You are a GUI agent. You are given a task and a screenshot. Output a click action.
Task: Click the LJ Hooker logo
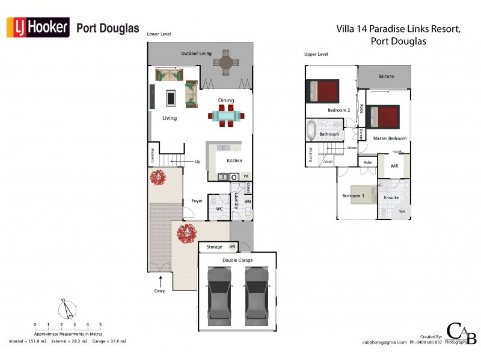[38, 28]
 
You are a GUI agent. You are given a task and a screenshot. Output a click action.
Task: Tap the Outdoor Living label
[197, 54]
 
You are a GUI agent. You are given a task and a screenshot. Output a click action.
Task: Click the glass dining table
[227, 116]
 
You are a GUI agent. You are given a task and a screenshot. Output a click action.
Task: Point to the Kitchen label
[234, 161]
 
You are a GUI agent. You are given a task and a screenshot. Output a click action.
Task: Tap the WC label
[219, 209]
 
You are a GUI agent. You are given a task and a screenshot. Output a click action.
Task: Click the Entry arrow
[161, 280]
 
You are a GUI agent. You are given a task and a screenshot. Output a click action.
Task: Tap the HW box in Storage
[232, 247]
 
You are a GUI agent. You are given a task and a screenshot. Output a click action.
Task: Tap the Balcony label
[387, 76]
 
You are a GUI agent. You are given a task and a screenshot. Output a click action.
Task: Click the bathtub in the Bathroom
[311, 129]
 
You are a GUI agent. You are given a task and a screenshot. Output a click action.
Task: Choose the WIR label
[394, 165]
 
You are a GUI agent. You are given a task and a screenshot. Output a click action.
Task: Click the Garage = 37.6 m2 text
[110, 341]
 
